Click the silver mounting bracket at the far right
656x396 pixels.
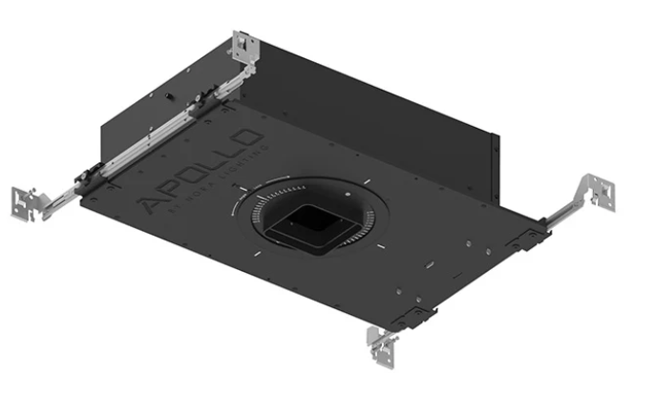click(601, 193)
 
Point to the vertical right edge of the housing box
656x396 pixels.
click(496, 167)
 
